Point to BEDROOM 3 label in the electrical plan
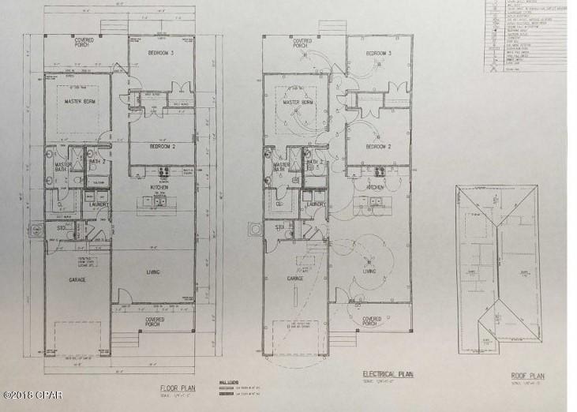[x=379, y=54]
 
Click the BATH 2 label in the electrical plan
[x=316, y=163]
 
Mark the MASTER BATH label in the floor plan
[x=62, y=167]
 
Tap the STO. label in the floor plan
[x=61, y=227]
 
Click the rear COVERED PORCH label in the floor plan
[x=84, y=40]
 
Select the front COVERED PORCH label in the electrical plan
[x=371, y=321]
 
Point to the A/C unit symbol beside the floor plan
[x=36, y=231]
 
